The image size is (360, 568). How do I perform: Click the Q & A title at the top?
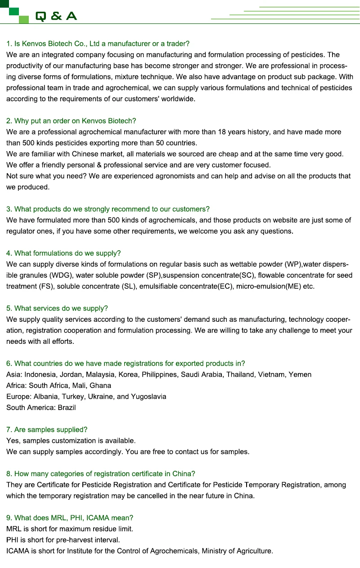56,16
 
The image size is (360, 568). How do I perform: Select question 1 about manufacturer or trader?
98,44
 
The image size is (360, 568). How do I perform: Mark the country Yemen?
300,374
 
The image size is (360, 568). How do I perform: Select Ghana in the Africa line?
100,385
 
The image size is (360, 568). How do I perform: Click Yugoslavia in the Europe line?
148,397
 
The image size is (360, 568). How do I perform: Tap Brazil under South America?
67,407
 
